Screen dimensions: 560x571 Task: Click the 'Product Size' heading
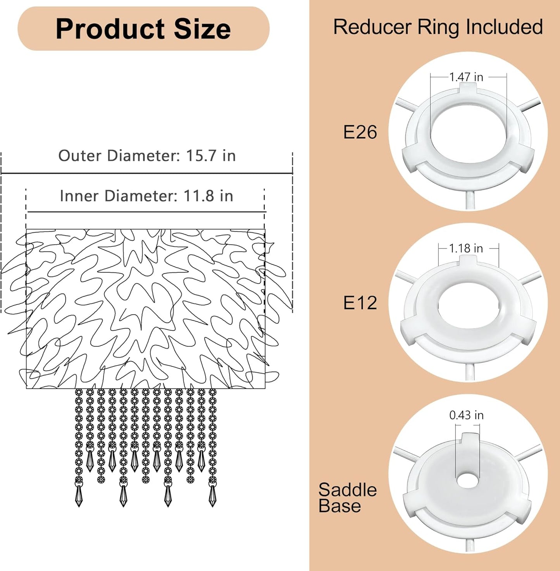point(143,29)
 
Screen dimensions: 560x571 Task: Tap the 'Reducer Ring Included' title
point(438,27)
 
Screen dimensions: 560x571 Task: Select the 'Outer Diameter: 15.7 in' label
point(147,156)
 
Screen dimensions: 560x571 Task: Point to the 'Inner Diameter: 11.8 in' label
point(146,196)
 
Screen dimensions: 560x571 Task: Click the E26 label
point(360,132)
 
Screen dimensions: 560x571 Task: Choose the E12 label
point(360,303)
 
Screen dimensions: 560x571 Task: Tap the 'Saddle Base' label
point(347,498)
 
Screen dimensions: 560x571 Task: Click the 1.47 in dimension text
point(466,77)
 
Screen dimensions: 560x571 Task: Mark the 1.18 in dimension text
point(466,248)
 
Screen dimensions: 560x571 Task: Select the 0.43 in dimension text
point(467,415)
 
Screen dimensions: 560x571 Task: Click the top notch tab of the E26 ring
point(468,88)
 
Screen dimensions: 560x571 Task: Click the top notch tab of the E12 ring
point(468,260)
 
